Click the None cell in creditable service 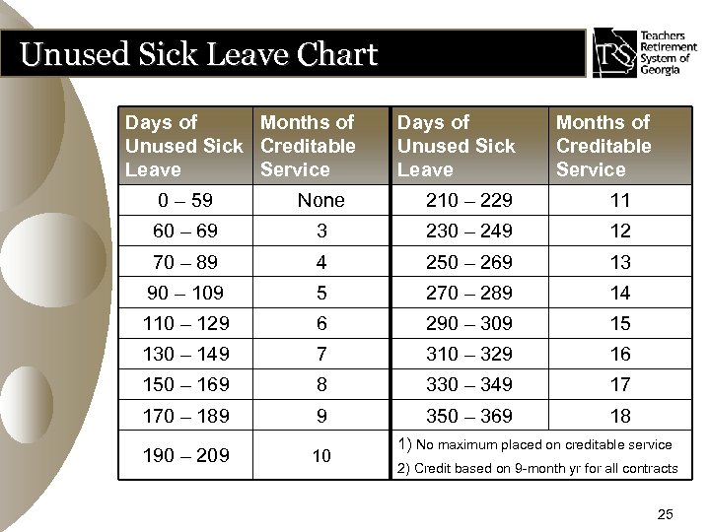click(321, 200)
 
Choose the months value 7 click(321, 354)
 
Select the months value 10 click(321, 454)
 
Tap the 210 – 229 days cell click(469, 200)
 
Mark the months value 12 click(619, 232)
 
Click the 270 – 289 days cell click(469, 293)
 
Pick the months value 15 click(619, 323)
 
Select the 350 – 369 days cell click(469, 415)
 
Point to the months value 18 click(619, 415)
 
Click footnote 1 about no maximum click(536, 445)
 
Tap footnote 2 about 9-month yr click(536, 468)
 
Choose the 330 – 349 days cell click(469, 384)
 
